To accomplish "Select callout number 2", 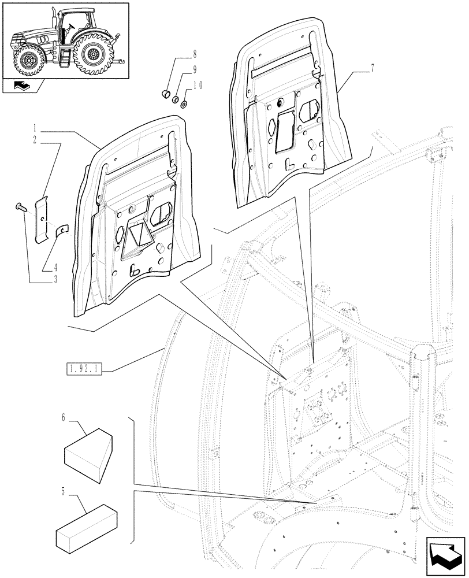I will tap(35, 140).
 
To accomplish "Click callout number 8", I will tap(195, 55).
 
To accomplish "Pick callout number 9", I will tap(195, 69).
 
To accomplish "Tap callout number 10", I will tap(197, 84).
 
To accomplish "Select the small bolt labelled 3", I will tap(20, 206).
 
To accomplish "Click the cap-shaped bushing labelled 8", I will tap(165, 94).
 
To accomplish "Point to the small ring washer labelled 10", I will tap(183, 105).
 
